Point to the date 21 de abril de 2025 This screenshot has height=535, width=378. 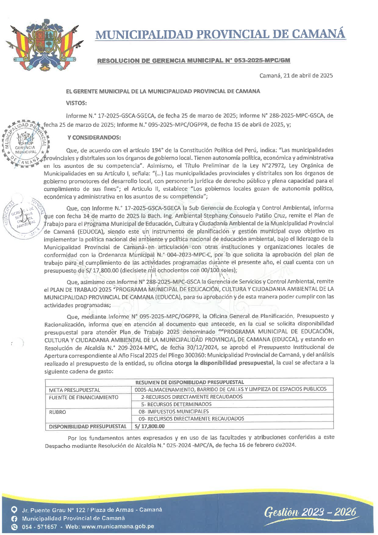(296, 75)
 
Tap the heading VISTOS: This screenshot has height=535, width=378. (76, 103)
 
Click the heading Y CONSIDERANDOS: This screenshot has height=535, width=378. (94, 138)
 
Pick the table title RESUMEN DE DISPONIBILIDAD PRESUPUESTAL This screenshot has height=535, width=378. (189, 382)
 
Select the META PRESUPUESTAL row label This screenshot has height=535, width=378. (74, 390)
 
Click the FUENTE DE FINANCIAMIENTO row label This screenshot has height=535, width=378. (84, 397)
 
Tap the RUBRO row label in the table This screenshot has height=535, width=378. (57, 412)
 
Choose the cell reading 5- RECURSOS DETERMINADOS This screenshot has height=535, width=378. (176, 404)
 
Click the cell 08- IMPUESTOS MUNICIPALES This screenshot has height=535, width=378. (173, 411)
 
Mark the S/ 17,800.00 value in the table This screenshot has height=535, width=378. (150, 426)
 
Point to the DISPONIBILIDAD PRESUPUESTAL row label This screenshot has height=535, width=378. (88, 426)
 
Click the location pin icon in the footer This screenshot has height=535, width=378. (14, 510)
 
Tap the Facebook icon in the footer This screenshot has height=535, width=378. (14, 518)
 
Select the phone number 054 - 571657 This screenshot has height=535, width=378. (39, 527)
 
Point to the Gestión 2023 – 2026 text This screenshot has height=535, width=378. (310, 512)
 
